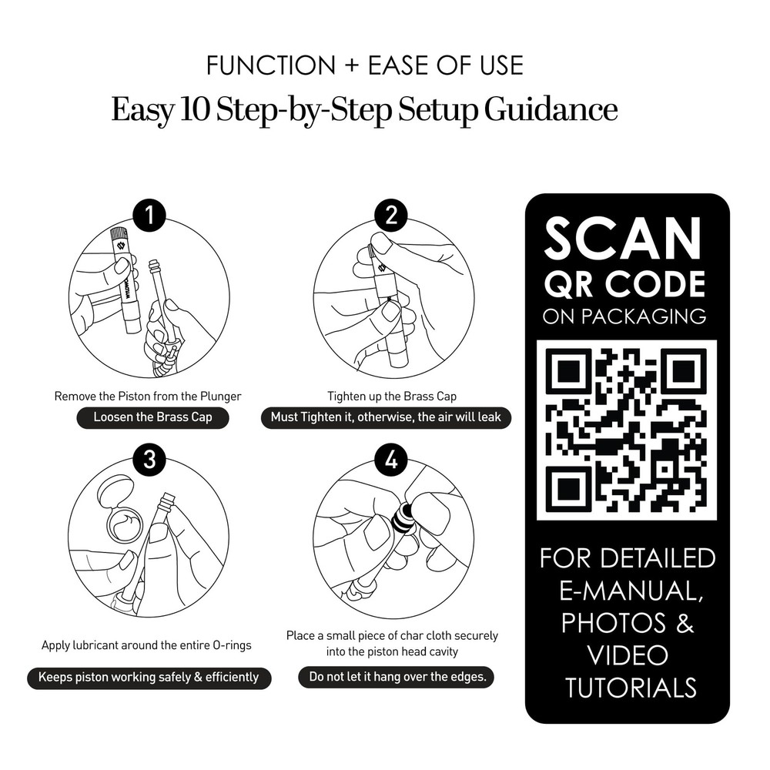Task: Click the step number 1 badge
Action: pyautogui.click(x=149, y=215)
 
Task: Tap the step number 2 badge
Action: pyautogui.click(x=391, y=215)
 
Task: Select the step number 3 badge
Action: pyautogui.click(x=149, y=460)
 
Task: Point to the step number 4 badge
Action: pyautogui.click(x=391, y=460)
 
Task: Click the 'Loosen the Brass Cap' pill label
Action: pyautogui.click(x=152, y=417)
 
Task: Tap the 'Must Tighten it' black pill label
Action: pyautogui.click(x=386, y=417)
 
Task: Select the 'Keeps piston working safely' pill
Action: pyautogui.click(x=149, y=678)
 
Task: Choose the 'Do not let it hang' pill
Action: pyautogui.click(x=397, y=677)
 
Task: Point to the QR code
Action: pyautogui.click(x=627, y=430)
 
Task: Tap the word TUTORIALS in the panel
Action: pyautogui.click(x=631, y=687)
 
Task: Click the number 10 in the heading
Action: pyautogui.click(x=195, y=109)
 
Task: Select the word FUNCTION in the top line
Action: pyautogui.click(x=270, y=65)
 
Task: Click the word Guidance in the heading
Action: pyautogui.click(x=551, y=109)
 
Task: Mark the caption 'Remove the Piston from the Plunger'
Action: pyautogui.click(x=148, y=397)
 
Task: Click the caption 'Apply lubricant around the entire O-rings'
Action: pyautogui.click(x=146, y=645)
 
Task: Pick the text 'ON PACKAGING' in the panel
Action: pyautogui.click(x=624, y=316)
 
